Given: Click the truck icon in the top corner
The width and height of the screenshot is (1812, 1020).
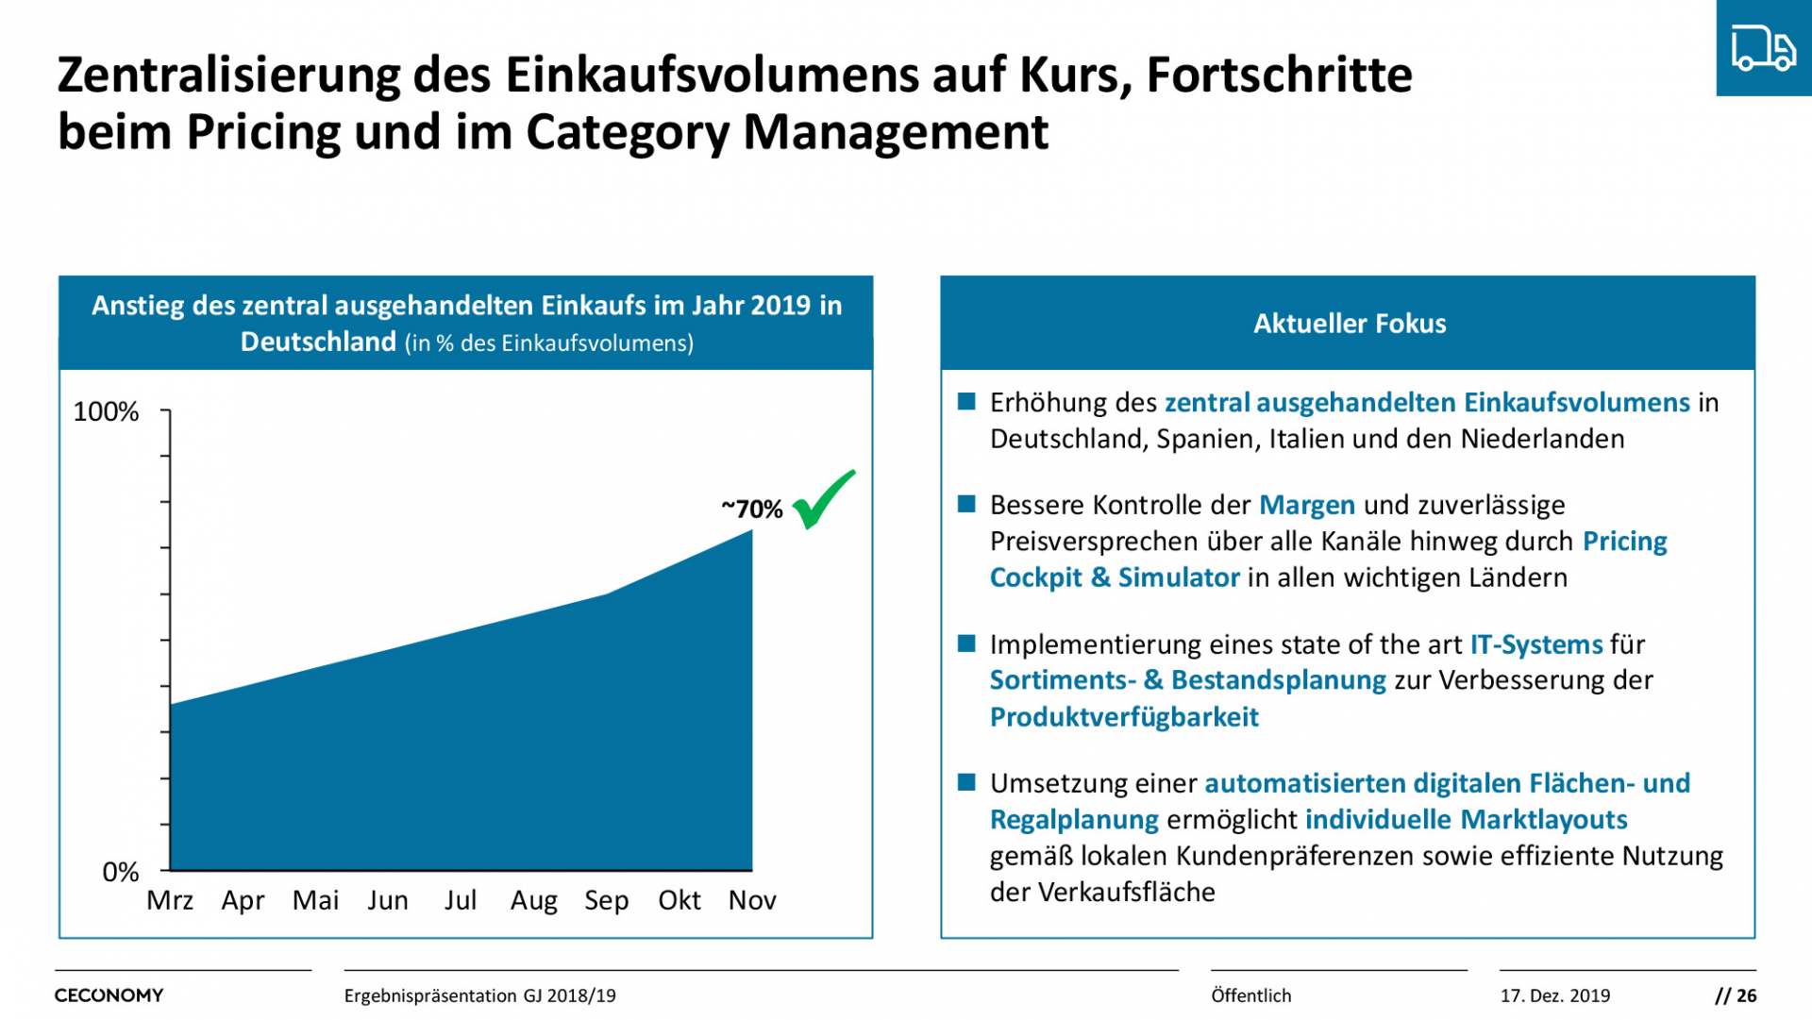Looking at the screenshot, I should pos(1763,47).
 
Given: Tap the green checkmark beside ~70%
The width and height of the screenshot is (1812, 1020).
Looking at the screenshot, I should pos(823,500).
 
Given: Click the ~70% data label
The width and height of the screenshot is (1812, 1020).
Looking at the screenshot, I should pos(752,510).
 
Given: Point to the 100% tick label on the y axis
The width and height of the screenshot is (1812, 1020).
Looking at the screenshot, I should pos(106,412).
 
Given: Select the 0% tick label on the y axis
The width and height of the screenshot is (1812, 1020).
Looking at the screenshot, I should pos(120,872).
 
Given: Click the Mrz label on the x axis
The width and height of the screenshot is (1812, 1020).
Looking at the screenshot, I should pos(170,900).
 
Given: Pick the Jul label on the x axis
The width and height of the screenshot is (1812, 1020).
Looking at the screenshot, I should pos(461,900).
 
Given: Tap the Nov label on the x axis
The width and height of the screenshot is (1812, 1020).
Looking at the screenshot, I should pos(752,900).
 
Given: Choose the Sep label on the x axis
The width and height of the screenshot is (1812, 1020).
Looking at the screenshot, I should pos(606,900).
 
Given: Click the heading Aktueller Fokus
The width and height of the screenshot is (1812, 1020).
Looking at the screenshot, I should pos(1349,324).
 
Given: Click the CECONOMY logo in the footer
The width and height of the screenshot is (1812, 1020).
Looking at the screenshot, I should pos(109,995).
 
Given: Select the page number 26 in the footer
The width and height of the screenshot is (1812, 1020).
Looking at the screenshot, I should pos(1746,995).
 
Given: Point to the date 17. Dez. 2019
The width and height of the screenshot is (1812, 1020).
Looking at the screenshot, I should pos(1554,995).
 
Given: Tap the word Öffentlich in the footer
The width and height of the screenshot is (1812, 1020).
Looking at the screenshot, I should pos(1250,995).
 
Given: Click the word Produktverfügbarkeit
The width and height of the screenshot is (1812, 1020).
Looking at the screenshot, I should pos(1124,717).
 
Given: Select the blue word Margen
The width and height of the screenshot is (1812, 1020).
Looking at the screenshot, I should pos(1307,506).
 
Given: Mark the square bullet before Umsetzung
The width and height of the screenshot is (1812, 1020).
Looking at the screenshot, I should pos(966,782).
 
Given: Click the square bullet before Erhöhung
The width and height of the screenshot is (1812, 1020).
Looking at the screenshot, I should pos(966,402).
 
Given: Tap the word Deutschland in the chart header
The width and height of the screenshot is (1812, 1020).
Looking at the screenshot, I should pos(318,342).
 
